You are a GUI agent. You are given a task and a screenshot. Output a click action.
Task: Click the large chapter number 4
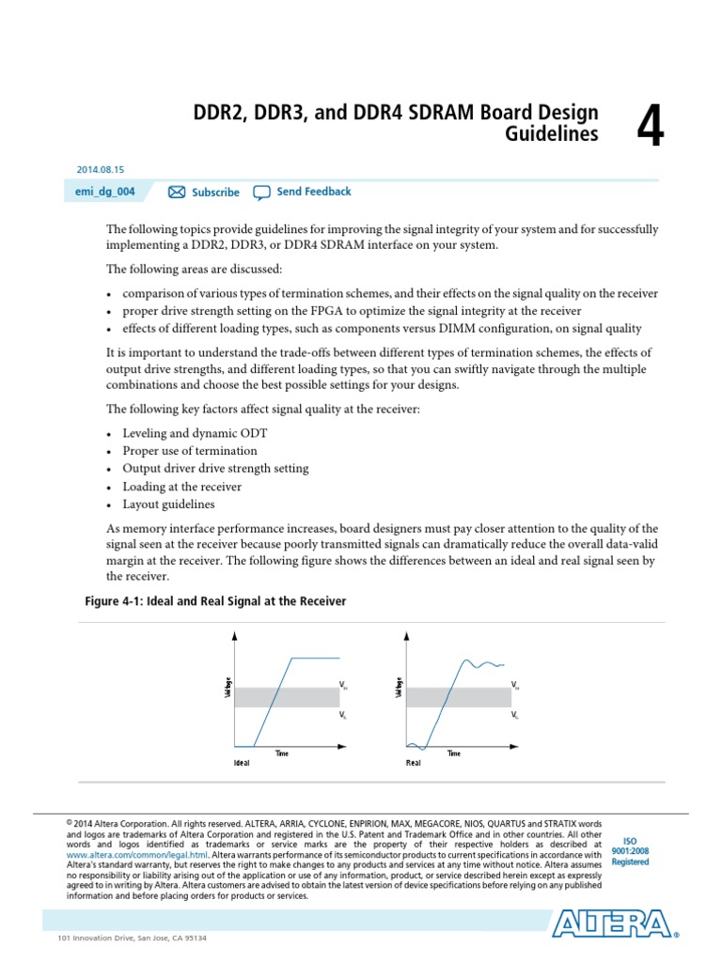650,126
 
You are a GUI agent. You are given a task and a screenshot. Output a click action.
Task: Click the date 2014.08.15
100,169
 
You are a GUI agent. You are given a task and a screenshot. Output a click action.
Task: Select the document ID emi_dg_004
106,192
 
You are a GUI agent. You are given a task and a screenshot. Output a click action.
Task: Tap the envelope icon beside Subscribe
177,193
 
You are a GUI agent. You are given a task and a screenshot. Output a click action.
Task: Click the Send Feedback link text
314,192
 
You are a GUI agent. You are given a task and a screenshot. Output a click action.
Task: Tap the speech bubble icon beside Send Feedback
261,193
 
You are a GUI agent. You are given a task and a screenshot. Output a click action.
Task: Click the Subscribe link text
215,193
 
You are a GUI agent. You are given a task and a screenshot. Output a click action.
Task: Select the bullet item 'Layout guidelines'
168,504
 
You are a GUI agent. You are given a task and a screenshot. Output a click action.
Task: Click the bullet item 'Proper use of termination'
189,451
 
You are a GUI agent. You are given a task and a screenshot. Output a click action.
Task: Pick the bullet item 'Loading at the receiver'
181,487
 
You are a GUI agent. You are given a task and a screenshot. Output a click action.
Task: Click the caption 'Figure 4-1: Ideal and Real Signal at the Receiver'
215,601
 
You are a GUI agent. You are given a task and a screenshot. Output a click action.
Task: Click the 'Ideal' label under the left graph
242,763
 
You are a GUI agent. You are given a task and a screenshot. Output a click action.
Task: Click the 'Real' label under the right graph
413,763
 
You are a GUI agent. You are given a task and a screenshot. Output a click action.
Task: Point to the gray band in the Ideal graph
286,697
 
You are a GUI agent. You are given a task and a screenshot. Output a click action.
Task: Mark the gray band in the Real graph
458,697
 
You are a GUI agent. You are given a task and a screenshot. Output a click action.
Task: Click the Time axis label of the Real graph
454,753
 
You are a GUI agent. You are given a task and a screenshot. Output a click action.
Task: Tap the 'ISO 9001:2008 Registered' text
630,850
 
